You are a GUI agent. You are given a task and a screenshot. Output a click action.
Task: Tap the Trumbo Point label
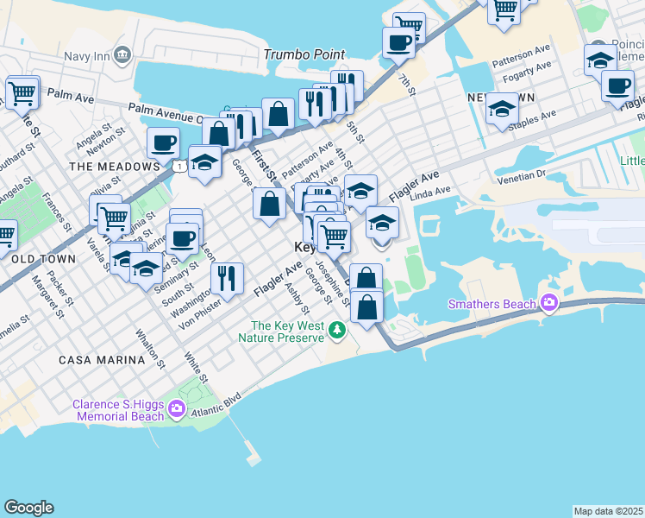point(304,55)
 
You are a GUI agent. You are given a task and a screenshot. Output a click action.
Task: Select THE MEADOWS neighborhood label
point(102,166)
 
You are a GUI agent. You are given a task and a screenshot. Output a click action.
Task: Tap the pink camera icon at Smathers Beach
point(548,303)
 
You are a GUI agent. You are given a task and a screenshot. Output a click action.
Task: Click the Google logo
point(28,508)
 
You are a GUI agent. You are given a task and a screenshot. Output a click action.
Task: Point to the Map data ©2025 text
point(608,511)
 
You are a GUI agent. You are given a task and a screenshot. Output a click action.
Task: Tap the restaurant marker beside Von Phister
point(227,278)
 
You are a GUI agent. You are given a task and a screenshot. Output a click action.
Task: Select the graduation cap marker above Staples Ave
point(501,109)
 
